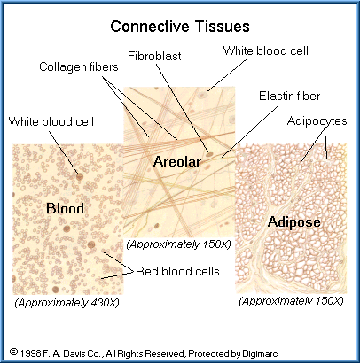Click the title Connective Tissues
pyautogui.click(x=180, y=27)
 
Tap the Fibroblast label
pyautogui.click(x=154, y=56)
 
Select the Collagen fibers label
pyautogui.click(x=79, y=67)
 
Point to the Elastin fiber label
pyautogui.click(x=289, y=96)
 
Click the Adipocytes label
pyautogui.click(x=317, y=121)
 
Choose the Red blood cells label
pyautogui.click(x=177, y=271)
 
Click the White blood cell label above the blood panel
pyautogui.click(x=51, y=121)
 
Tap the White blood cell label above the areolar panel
pyautogui.click(x=265, y=50)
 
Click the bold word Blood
pyautogui.click(x=65, y=208)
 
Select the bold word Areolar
pyautogui.click(x=177, y=161)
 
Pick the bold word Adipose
pyautogui.click(x=294, y=221)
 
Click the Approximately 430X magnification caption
pyautogui.click(x=67, y=303)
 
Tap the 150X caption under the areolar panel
pyautogui.click(x=178, y=244)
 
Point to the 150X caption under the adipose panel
pyautogui.click(x=291, y=301)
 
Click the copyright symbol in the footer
pyautogui.click(x=13, y=352)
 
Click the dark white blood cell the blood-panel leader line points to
pyautogui.click(x=80, y=176)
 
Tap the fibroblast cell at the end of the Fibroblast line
pyautogui.click(x=209, y=154)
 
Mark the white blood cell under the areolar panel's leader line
pyautogui.click(x=202, y=95)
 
